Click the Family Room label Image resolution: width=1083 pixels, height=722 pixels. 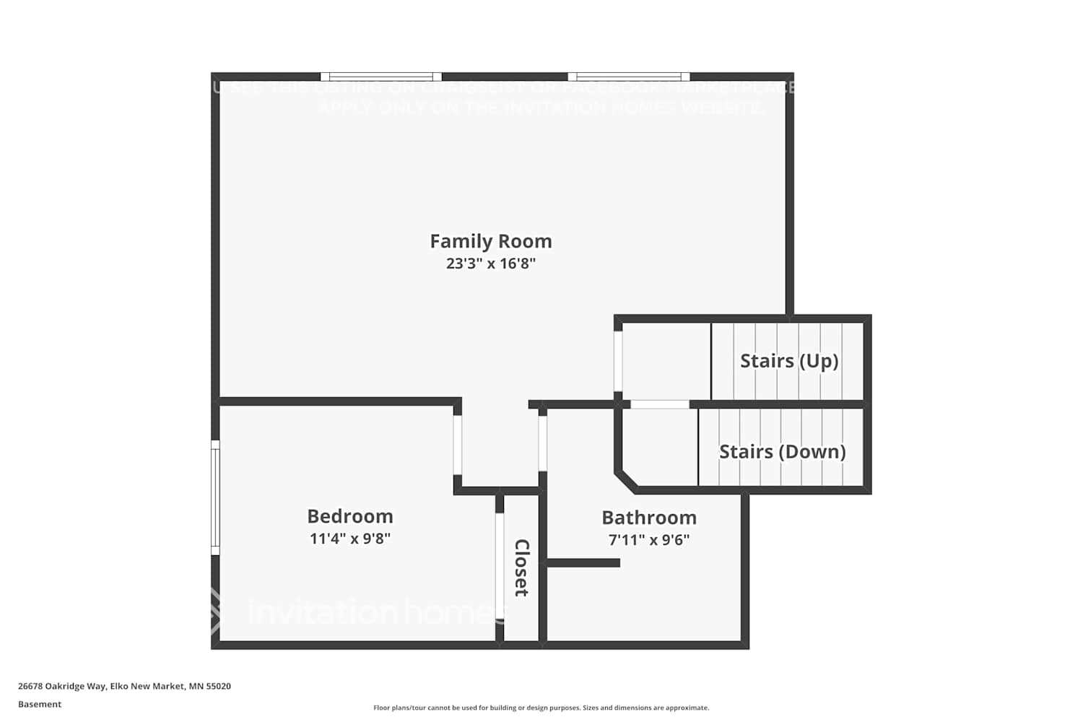(x=491, y=241)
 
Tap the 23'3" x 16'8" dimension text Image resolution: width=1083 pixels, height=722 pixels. (x=491, y=264)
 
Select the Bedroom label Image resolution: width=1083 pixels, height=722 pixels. (x=350, y=516)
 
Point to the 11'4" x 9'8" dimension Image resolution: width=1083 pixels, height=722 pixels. (x=350, y=539)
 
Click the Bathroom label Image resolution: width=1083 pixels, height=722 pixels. (x=649, y=518)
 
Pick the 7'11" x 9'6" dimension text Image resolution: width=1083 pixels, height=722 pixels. (x=649, y=540)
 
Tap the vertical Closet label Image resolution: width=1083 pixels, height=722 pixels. (x=521, y=567)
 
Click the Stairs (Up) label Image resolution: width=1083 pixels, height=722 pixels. (x=789, y=361)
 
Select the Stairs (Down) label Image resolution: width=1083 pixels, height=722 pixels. (x=783, y=452)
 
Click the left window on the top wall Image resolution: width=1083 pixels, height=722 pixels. (x=381, y=77)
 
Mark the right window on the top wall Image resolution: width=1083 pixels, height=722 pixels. (x=629, y=77)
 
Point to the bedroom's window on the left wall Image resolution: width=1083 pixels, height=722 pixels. (x=215, y=497)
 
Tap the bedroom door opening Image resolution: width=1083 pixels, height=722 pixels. (x=458, y=445)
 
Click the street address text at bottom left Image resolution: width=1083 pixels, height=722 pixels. (x=124, y=687)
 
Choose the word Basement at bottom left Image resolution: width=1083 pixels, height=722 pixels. (x=40, y=705)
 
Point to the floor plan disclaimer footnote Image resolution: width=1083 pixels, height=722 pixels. (x=541, y=708)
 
